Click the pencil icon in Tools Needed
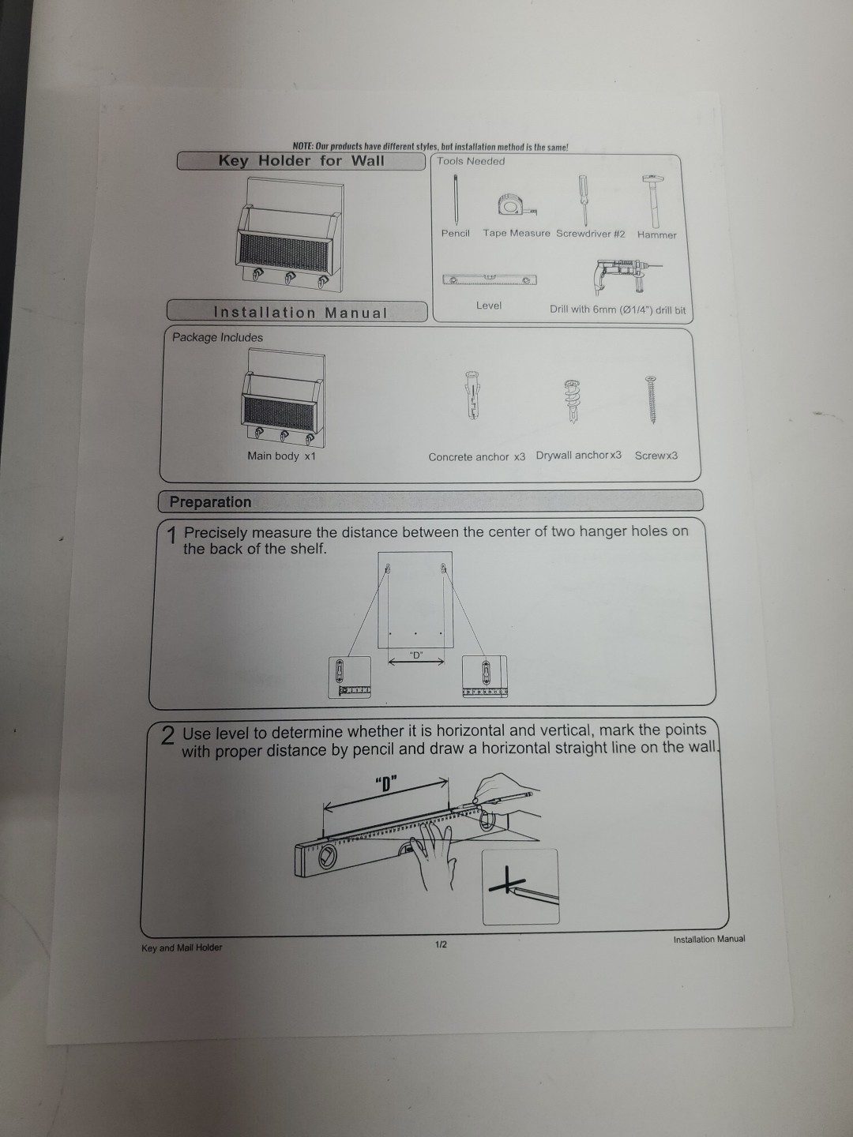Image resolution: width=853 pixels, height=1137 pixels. (456, 200)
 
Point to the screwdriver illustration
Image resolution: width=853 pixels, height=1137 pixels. (583, 201)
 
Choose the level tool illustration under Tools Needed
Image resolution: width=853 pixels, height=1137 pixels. (490, 280)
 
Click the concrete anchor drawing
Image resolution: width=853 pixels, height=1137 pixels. (472, 395)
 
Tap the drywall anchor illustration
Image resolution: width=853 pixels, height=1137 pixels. (572, 401)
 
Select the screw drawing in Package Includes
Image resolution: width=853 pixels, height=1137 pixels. (652, 400)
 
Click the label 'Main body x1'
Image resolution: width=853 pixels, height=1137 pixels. (281, 456)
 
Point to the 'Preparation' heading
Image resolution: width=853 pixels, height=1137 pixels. (210, 502)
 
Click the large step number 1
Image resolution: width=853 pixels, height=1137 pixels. (172, 536)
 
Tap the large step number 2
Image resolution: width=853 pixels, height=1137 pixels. (167, 736)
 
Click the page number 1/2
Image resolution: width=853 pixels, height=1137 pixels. (441, 944)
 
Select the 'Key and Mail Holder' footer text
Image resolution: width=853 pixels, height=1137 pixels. (182, 947)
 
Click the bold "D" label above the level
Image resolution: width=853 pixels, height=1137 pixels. (386, 784)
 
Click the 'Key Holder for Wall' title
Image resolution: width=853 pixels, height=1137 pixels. (301, 160)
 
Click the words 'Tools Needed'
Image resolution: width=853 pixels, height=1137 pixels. (471, 161)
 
